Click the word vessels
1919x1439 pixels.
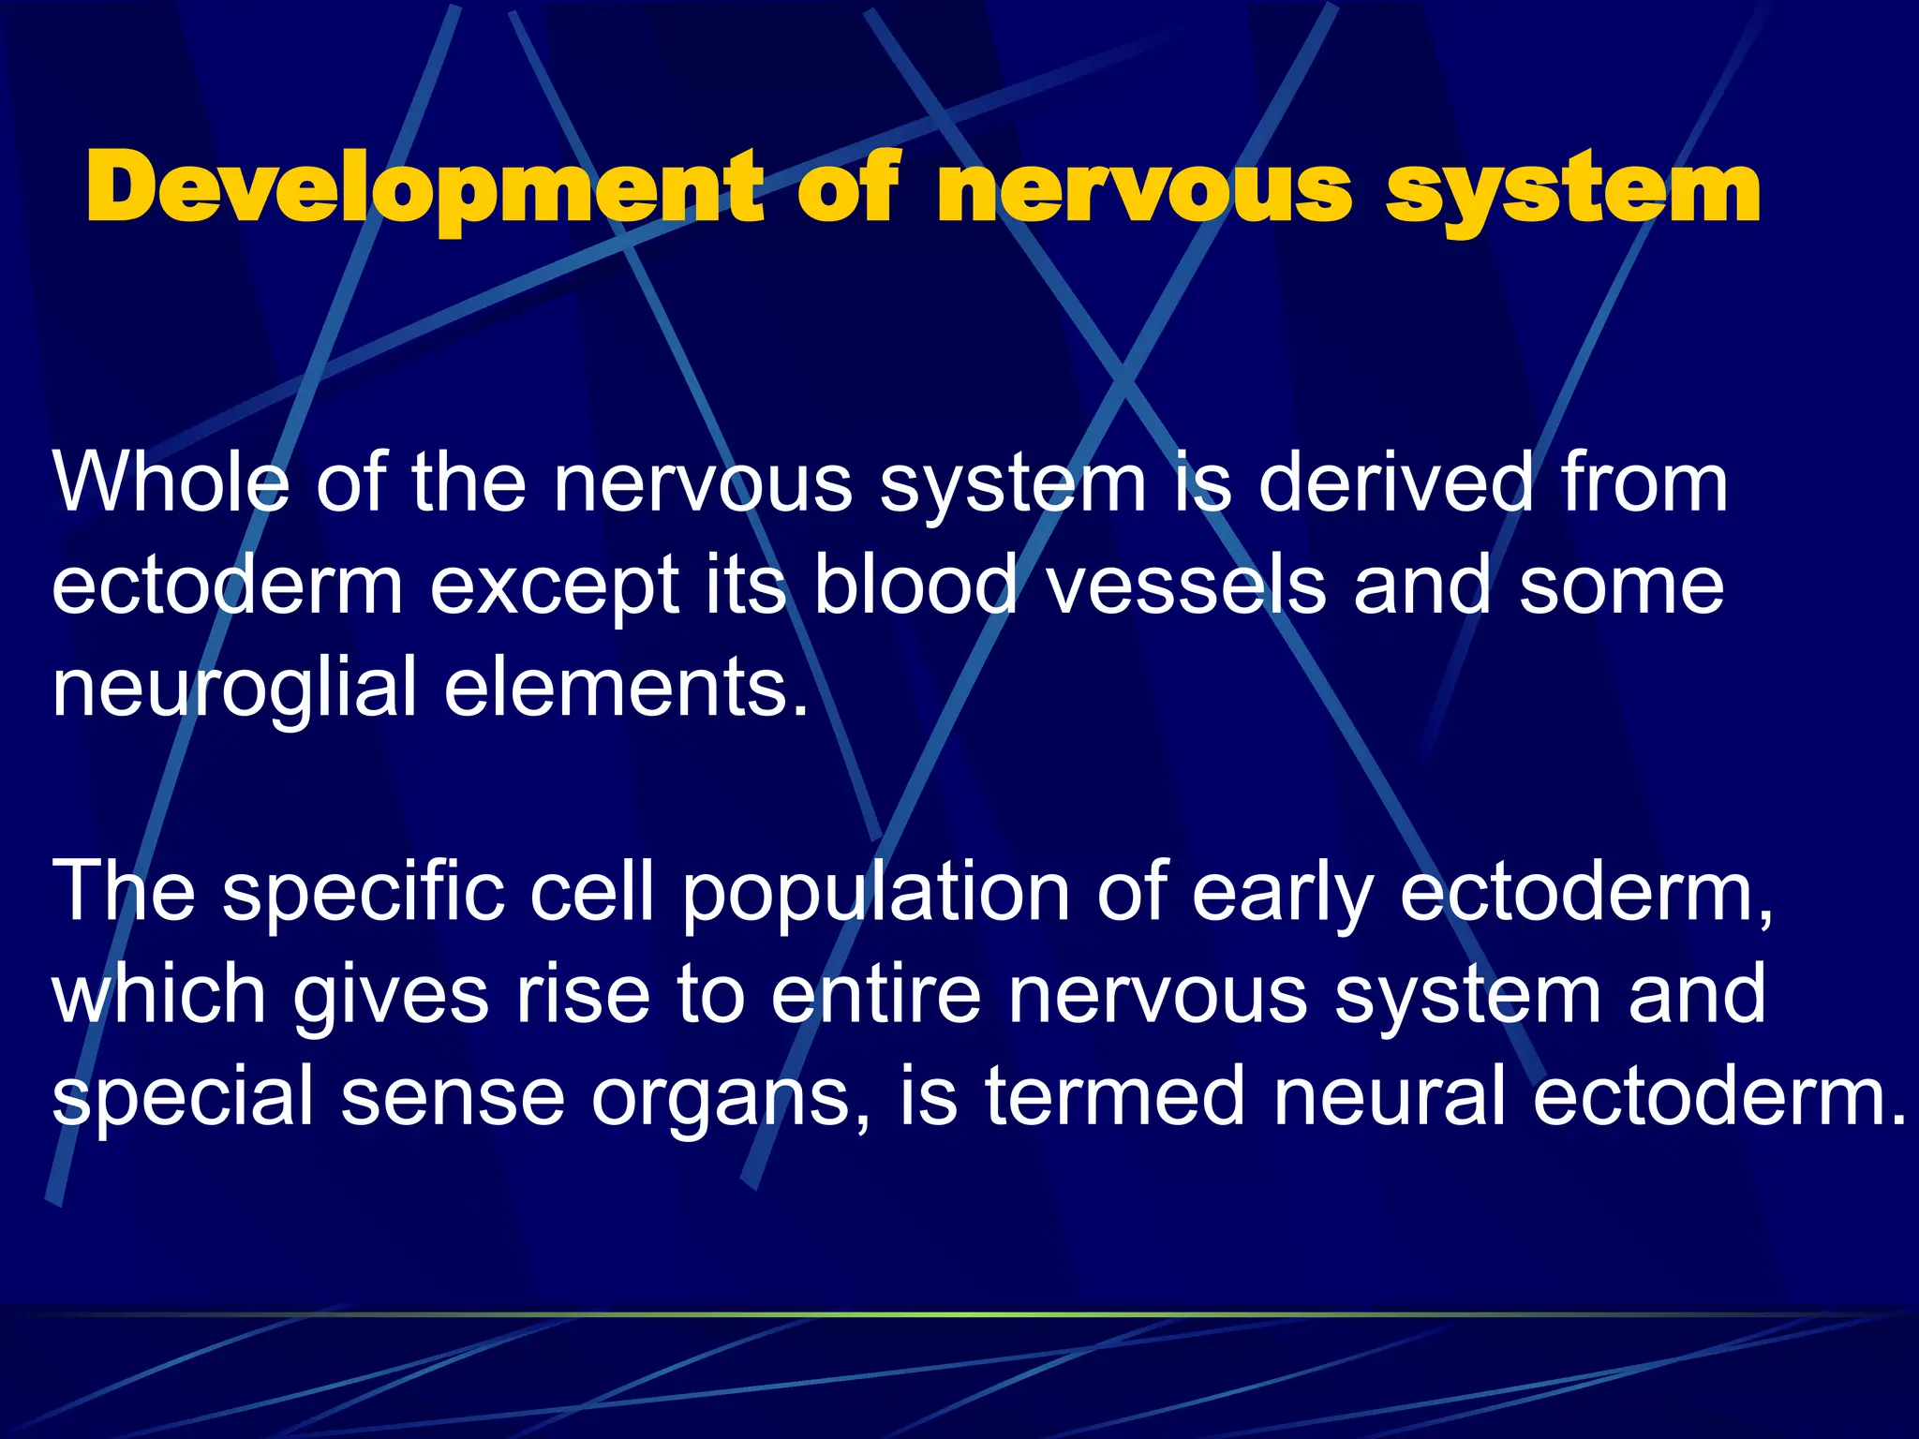[x=1186, y=585]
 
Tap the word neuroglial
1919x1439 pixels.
[x=234, y=690]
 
